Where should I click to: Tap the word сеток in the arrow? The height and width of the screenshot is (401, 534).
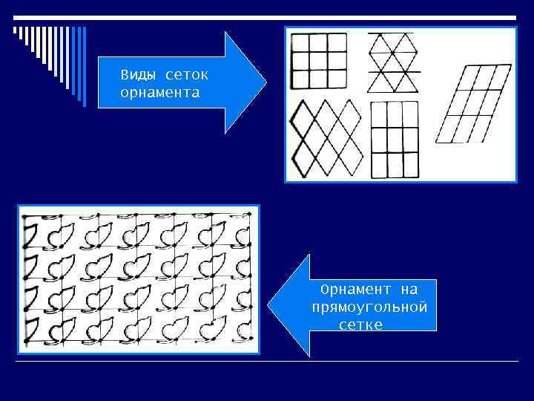(x=187, y=75)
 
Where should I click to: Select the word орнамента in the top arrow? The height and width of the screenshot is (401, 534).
(x=159, y=93)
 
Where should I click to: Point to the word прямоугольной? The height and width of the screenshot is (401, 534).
(x=370, y=307)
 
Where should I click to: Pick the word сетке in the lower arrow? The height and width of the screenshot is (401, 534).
(x=360, y=325)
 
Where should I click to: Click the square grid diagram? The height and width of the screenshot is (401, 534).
(x=319, y=61)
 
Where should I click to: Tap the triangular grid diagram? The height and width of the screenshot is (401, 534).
(x=393, y=62)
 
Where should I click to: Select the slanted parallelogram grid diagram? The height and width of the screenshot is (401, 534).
(x=473, y=103)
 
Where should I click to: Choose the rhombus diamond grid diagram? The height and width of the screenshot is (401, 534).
(x=326, y=139)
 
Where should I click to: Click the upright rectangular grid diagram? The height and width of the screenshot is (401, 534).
(x=392, y=140)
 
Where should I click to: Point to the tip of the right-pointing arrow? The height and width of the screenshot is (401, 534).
(x=266, y=82)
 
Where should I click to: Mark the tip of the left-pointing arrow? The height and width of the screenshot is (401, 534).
(x=269, y=306)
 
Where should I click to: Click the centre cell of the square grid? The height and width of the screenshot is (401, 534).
(x=319, y=61)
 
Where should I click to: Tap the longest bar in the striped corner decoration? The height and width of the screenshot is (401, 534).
(x=84, y=67)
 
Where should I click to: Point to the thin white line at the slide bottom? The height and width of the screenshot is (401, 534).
(x=267, y=361)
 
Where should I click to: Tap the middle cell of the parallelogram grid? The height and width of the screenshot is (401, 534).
(x=473, y=103)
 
